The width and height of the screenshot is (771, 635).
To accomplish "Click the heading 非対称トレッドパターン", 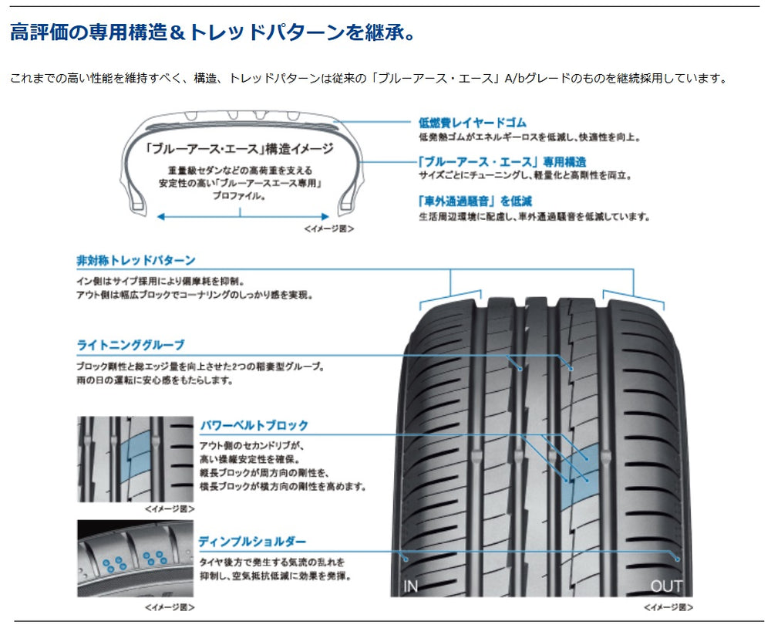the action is pos(136,260).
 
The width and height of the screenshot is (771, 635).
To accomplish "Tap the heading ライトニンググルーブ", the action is pos(130,345).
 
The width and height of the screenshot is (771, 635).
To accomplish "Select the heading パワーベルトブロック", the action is pos(254,425).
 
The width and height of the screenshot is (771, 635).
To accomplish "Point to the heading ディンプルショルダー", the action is pos(252,542).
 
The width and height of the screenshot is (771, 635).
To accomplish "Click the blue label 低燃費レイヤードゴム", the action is pos(473,123).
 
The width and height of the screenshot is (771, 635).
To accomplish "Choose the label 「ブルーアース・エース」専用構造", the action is pos(502,162).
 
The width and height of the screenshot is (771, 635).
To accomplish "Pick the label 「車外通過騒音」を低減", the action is pos(474,201).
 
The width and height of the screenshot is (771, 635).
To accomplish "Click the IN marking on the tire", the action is pos(411,586).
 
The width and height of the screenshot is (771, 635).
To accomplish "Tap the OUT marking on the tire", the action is pos(666,586).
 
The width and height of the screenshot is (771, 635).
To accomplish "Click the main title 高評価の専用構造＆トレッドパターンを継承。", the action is pos(213,32).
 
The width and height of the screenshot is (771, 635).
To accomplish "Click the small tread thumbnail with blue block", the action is pos(135,459).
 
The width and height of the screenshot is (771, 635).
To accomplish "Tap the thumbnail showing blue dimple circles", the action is pos(135,559).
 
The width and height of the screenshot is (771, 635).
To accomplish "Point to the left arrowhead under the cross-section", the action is pos(160,217).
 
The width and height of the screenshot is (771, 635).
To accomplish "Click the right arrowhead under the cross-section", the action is pos(325,217).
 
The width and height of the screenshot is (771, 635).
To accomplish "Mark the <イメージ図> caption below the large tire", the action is pos(668,607).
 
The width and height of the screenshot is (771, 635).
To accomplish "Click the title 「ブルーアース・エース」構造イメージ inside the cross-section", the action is pos(240,149).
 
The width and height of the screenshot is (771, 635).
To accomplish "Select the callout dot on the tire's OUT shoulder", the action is pos(678,559).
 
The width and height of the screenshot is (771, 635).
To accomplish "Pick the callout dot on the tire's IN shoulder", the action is pos(406,559).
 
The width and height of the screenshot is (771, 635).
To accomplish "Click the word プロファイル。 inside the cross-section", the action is pos(240,196).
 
